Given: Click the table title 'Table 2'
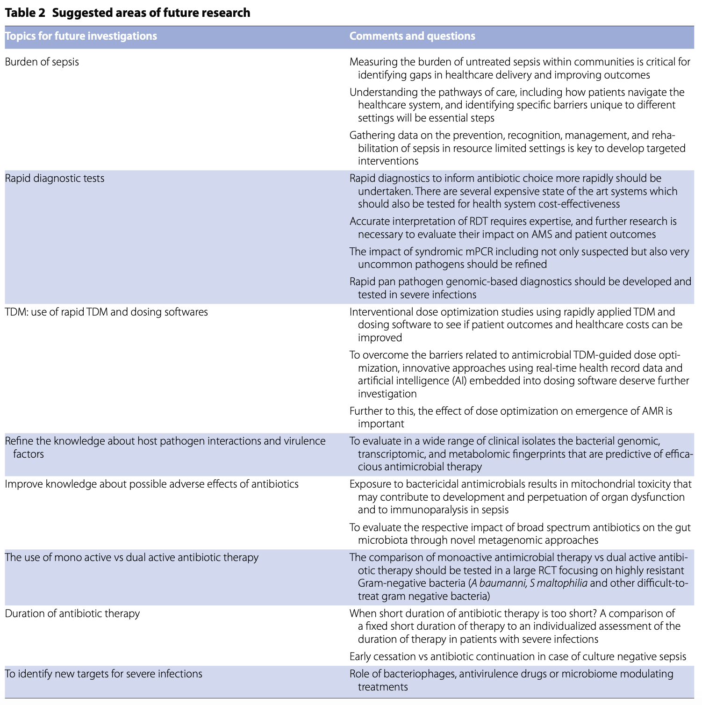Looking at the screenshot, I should pyautogui.click(x=25, y=13).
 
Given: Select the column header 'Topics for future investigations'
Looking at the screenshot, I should pyautogui.click(x=81, y=36).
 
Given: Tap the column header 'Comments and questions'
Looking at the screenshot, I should pyautogui.click(x=412, y=36).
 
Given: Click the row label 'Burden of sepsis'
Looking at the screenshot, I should pyautogui.click(x=42, y=62).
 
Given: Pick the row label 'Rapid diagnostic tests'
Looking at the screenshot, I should pyautogui.click(x=55, y=178).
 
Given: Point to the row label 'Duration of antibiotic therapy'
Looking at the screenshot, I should pyautogui.click(x=72, y=613).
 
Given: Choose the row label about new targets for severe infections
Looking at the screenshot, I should pyautogui.click(x=103, y=674).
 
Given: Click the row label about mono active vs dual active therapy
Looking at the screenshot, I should pyautogui.click(x=131, y=557).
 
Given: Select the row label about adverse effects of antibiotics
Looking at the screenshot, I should pyautogui.click(x=151, y=484).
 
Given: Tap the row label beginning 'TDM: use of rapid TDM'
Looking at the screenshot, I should pyautogui.click(x=106, y=312).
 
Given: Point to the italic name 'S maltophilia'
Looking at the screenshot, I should pyautogui.click(x=559, y=583).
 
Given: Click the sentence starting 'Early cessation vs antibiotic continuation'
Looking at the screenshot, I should pyautogui.click(x=517, y=656).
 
